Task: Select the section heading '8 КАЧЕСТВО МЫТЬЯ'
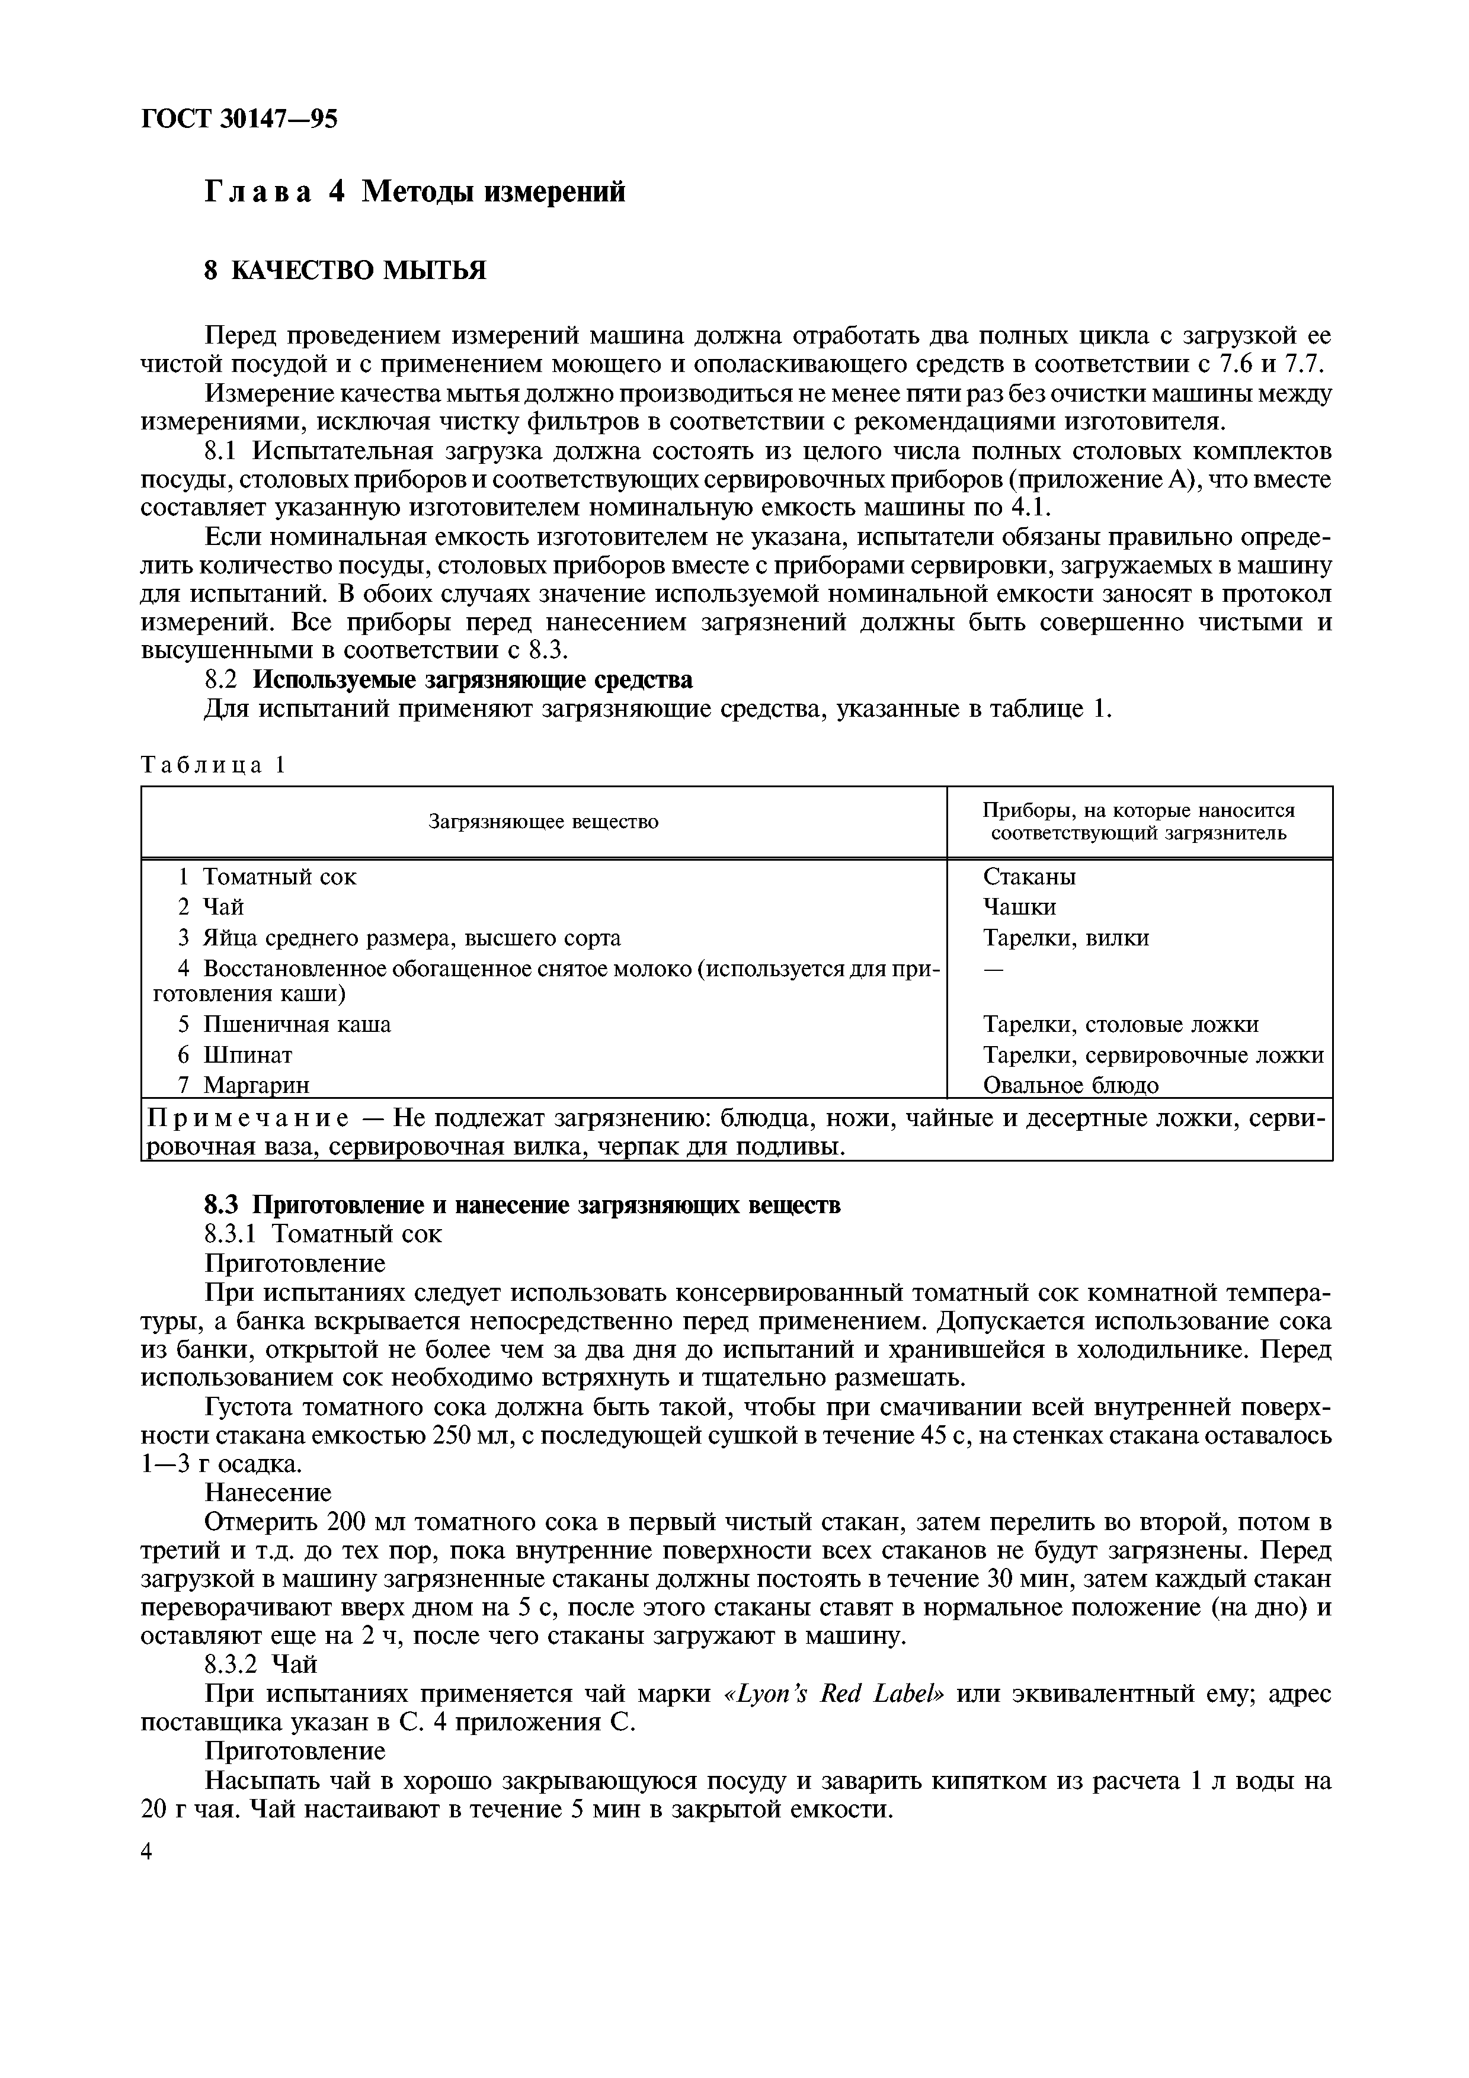[345, 271]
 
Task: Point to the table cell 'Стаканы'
[1029, 877]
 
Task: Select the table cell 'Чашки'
[1019, 907]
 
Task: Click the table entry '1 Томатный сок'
[268, 877]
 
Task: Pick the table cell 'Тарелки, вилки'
[1065, 938]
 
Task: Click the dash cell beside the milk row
[993, 969]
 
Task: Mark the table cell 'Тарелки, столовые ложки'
[1119, 1025]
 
